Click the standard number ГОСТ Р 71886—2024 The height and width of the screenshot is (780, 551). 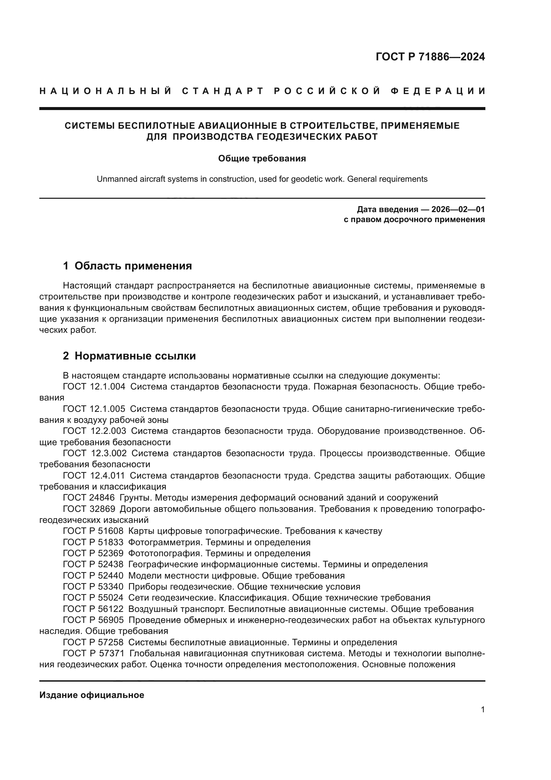click(x=430, y=57)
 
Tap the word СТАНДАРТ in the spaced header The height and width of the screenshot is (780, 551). click(x=223, y=91)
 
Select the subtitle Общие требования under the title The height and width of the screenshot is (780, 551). click(x=262, y=159)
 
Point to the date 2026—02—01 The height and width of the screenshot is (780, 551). click(x=458, y=209)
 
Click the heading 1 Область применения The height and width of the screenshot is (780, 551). click(x=128, y=266)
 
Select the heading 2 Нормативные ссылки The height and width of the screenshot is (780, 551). click(x=129, y=356)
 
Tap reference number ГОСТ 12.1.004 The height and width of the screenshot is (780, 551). click(x=94, y=386)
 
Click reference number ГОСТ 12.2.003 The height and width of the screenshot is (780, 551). click(x=94, y=431)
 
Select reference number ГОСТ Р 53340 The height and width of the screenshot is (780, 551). click(x=93, y=587)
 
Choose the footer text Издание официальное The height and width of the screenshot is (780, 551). click(x=92, y=695)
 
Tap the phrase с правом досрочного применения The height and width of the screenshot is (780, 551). click(x=414, y=219)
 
